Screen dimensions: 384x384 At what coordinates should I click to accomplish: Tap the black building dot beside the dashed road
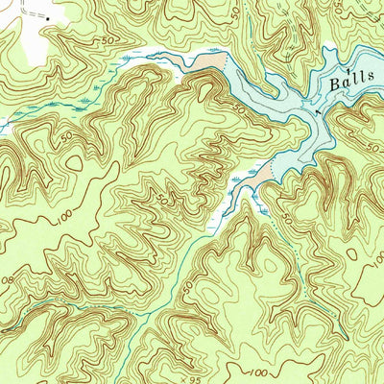coord(45,19)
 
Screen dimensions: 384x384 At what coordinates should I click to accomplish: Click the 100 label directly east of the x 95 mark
coord(256,369)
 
